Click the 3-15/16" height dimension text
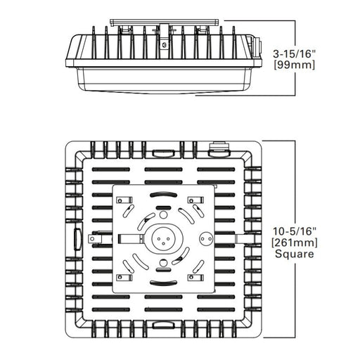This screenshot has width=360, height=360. pyautogui.click(x=295, y=54)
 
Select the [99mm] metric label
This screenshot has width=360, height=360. pyautogui.click(x=295, y=65)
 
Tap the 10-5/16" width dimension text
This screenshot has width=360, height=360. pyautogui.click(x=295, y=231)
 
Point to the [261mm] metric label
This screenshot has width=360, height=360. pyautogui.click(x=295, y=243)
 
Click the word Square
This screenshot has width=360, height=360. pyautogui.click(x=295, y=254)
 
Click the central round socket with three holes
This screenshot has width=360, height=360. pyautogui.click(x=163, y=238)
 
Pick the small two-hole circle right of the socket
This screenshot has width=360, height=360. pyautogui.click(x=206, y=239)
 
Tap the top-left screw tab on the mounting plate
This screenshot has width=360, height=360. pyautogui.click(x=124, y=200)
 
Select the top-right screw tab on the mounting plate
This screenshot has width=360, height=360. pyautogui.click(x=195, y=200)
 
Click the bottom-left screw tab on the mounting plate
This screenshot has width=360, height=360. pyautogui.click(x=124, y=278)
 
